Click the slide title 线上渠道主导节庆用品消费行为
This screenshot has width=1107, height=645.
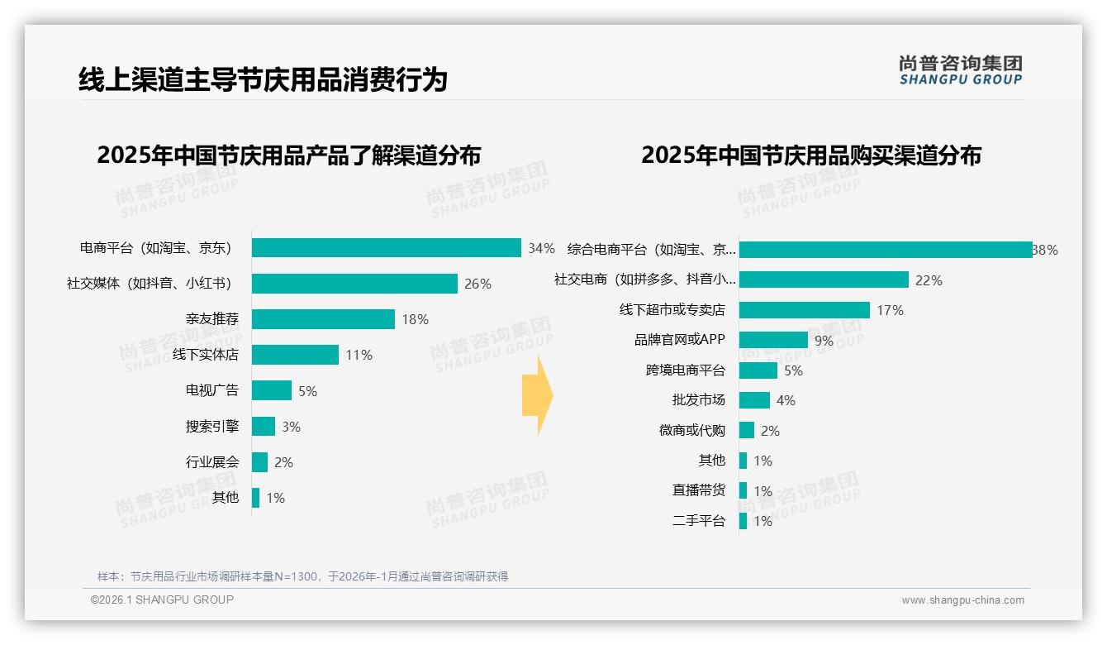[263, 79]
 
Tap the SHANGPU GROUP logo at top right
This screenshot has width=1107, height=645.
[960, 70]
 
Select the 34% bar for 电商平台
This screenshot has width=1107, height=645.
[386, 248]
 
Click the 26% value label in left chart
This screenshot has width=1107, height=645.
[477, 284]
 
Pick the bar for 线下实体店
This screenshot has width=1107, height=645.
[295, 355]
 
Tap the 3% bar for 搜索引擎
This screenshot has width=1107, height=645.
[264, 426]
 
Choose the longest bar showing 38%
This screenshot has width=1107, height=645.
[885, 250]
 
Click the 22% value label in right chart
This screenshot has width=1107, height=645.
[929, 280]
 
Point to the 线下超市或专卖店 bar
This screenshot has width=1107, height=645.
[804, 310]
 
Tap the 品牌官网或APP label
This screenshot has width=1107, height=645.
[679, 340]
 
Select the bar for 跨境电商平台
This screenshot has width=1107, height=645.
[758, 370]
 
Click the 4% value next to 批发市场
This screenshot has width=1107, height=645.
[786, 400]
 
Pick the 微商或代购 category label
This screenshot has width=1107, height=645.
[691, 430]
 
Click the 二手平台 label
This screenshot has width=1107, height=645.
[698, 520]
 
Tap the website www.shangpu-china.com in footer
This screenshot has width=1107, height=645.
[962, 600]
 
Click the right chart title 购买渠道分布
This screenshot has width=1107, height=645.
[810, 155]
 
